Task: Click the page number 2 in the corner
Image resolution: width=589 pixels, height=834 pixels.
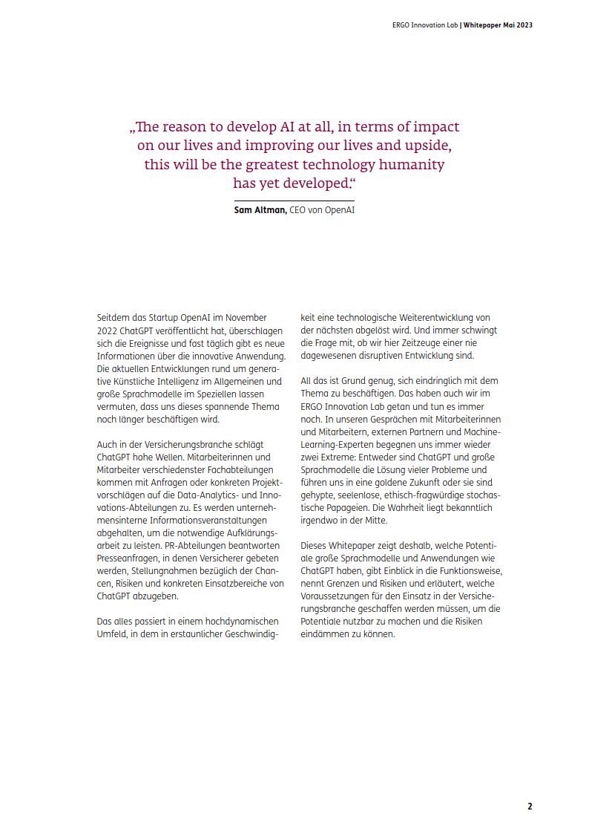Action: pos(530,806)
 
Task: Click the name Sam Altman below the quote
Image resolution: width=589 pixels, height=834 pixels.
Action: pos(260,210)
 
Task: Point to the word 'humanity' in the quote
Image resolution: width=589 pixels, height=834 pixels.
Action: pos(410,164)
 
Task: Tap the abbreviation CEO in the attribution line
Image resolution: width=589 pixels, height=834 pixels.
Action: pos(298,210)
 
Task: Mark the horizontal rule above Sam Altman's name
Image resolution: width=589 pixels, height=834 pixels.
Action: pos(294,201)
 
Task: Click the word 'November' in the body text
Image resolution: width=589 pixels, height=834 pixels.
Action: pos(246,317)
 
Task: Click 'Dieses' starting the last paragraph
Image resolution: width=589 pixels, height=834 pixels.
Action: pos(315,545)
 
